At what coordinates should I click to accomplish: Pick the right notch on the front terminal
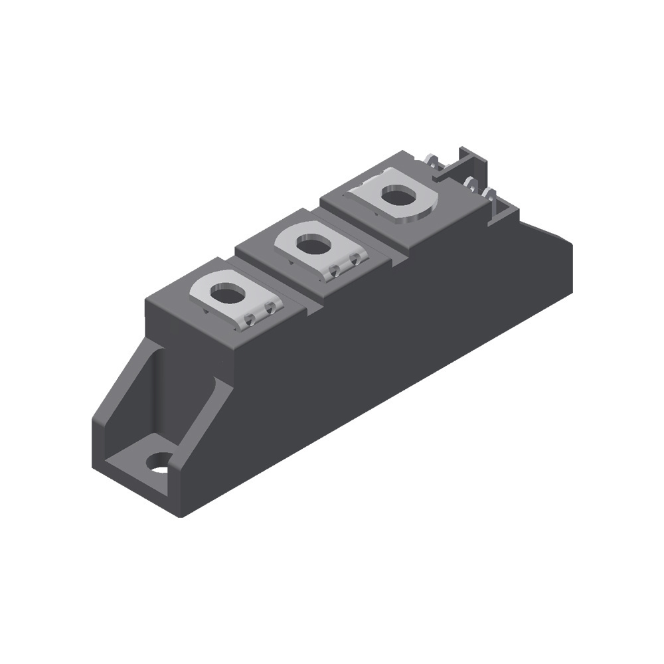click(270, 308)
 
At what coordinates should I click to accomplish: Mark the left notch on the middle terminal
click(336, 270)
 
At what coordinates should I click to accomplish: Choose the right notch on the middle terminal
click(355, 259)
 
